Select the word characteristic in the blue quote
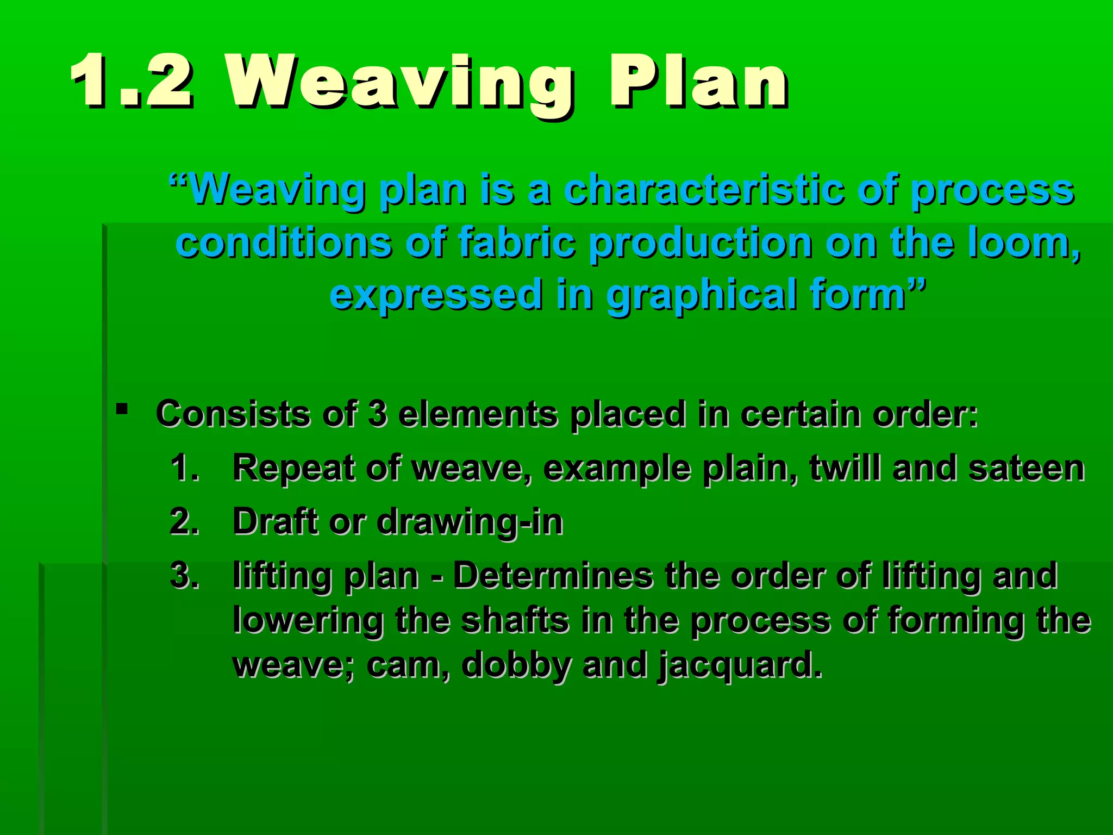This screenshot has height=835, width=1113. coord(703,190)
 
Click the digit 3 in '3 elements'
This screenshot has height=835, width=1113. coord(377,414)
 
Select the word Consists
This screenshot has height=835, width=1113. coord(233,414)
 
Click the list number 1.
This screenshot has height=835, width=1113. coord(184,468)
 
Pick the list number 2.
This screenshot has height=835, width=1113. coord(184,521)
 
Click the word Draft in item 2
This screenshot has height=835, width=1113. coord(276,521)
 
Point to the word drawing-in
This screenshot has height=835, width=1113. coord(470,522)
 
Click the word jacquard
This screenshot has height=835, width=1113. coord(739,665)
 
